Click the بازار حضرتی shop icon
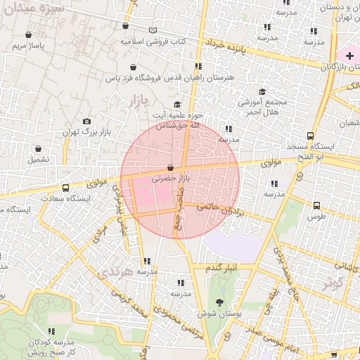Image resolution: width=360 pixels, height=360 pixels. (171, 168)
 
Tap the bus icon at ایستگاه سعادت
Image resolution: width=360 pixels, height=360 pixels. (65, 188)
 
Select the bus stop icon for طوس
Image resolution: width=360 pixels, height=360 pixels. (317, 206)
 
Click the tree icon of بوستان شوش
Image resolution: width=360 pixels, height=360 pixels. (220, 302)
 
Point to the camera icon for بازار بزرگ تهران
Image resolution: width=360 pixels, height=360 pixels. (86, 122)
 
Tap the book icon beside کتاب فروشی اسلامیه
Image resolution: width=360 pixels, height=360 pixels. (153, 31)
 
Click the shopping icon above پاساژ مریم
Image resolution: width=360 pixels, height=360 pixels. (28, 34)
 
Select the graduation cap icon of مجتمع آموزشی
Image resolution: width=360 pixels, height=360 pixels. (263, 91)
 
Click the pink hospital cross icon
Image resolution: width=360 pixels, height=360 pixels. (349, 55)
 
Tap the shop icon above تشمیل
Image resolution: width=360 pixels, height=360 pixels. (38, 149)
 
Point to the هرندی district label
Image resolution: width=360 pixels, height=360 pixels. (116, 271)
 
